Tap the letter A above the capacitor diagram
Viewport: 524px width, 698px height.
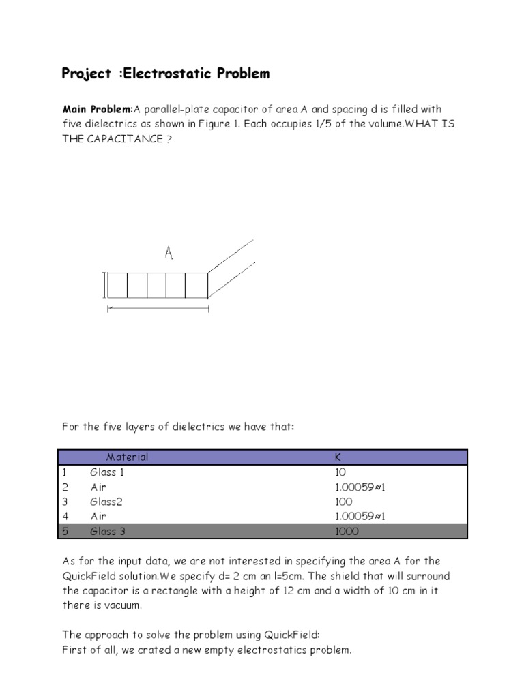tap(169, 254)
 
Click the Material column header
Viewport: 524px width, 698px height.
tap(127, 457)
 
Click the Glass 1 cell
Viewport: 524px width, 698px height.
tap(108, 472)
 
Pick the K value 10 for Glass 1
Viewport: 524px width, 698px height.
tap(340, 472)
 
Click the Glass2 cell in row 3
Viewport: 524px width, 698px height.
tap(106, 502)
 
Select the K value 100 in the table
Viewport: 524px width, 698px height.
tap(343, 502)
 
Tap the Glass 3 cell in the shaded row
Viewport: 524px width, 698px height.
tap(108, 532)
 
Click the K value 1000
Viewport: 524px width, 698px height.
tap(347, 532)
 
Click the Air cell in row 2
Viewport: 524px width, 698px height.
tap(99, 487)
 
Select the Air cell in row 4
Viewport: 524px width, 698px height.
tap(99, 517)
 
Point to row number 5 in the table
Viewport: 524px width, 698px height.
tap(65, 532)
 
